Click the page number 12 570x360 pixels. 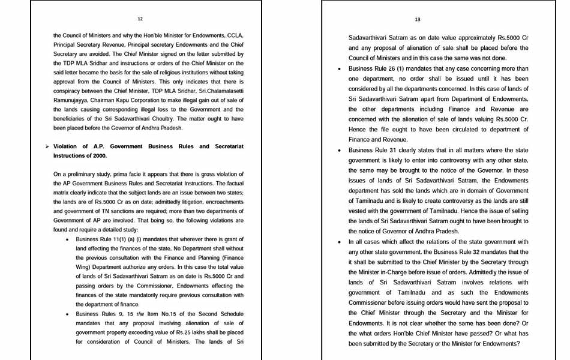tap(140, 19)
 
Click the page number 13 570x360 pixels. tap(418, 19)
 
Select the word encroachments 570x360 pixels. tap(224, 202)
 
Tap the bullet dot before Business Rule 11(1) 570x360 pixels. tap(68, 239)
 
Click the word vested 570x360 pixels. tap(357, 211)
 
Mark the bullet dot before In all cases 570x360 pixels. tap(341, 242)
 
